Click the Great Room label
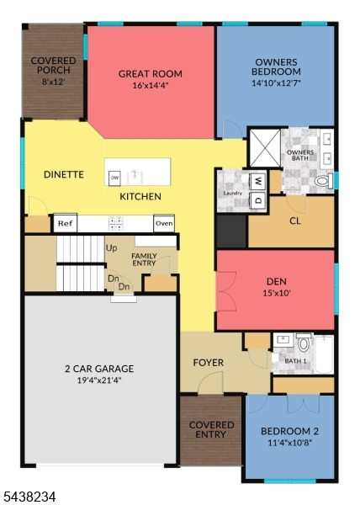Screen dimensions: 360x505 coord(151,74)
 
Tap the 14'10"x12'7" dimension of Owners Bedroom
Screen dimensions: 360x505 coord(277,83)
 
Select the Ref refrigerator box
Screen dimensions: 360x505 coord(66,223)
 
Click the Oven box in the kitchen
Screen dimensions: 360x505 coord(164,223)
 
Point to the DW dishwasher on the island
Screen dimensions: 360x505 coord(114,178)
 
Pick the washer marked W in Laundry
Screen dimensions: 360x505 coord(259,182)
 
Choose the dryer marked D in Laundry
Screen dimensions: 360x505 coord(259,200)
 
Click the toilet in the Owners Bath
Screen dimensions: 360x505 coord(324,181)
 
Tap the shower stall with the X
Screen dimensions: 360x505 coord(265,148)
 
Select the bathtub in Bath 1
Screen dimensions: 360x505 coord(324,354)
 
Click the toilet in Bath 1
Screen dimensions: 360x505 coord(304,343)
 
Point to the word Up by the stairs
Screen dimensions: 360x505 coord(112,248)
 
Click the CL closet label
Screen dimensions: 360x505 coord(295,221)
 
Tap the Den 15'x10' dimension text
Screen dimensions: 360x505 coord(277,293)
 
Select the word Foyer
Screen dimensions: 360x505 coord(208,363)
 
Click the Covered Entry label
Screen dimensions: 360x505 coord(211,429)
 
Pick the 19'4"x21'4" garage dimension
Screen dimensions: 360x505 coord(99,380)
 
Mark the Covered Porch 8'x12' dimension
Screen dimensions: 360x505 coord(54,82)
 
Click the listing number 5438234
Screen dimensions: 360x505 coord(28,496)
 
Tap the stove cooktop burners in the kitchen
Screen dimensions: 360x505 coord(116,224)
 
